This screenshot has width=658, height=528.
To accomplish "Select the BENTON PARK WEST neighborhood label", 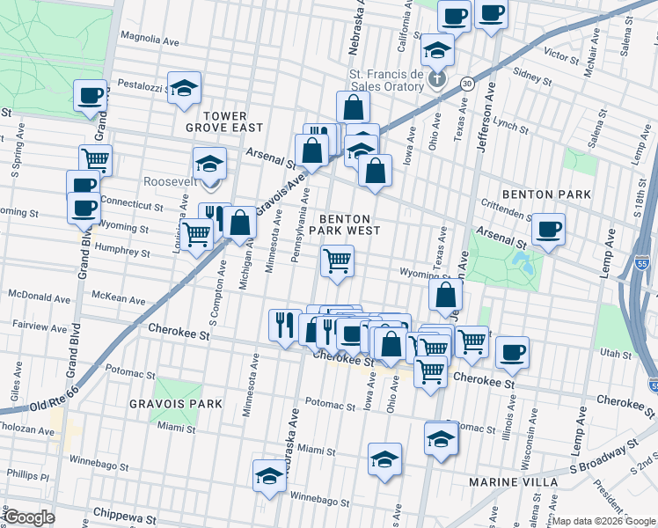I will coord(349,224).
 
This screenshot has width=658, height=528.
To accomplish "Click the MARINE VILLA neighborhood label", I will coord(513,482).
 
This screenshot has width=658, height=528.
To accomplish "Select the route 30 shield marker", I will coord(466,84).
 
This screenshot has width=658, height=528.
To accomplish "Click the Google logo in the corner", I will coord(29,517).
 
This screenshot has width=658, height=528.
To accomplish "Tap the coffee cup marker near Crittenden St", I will coord(549,230).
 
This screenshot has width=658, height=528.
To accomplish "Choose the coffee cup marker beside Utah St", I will coord(512,353).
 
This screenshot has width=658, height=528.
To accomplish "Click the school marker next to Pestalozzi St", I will coord(184,88).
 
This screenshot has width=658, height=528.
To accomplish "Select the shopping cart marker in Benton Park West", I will coord(337,261).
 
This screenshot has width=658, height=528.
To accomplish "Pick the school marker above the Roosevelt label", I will coord(209,164).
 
